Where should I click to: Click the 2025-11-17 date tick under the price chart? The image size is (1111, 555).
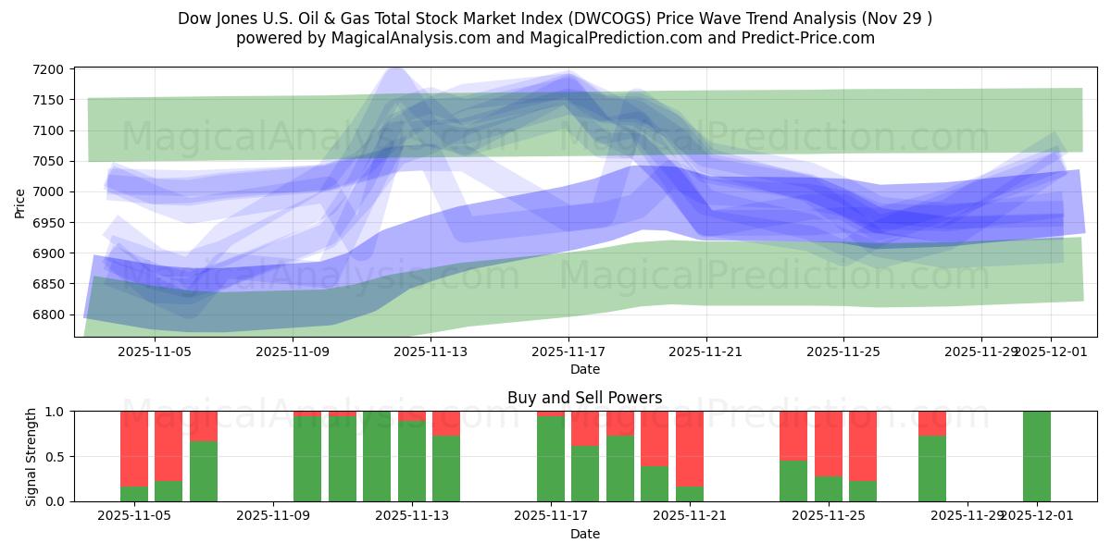(568, 351)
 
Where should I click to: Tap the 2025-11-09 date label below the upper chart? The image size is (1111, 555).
(293, 351)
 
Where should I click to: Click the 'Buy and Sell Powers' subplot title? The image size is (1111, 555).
(584, 398)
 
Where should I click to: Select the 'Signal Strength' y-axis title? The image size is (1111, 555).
(31, 456)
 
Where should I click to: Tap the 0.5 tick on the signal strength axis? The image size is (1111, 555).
(54, 456)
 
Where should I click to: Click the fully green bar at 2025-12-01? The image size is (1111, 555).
(1036, 456)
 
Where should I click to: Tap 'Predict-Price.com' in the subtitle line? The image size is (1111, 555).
(805, 38)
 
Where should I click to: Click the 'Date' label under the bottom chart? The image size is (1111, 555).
(584, 534)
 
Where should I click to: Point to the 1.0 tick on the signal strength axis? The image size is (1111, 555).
(54, 412)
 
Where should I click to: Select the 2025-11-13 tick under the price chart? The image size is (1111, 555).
(431, 351)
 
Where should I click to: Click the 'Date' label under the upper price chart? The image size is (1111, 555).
(584, 369)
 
